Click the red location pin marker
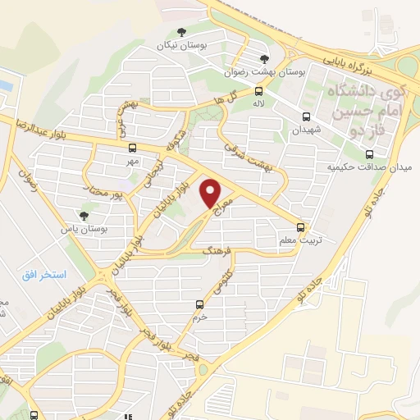click(x=212, y=194)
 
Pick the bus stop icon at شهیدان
click(x=306, y=116)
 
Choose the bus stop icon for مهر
click(x=132, y=148)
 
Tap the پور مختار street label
click(x=104, y=192)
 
